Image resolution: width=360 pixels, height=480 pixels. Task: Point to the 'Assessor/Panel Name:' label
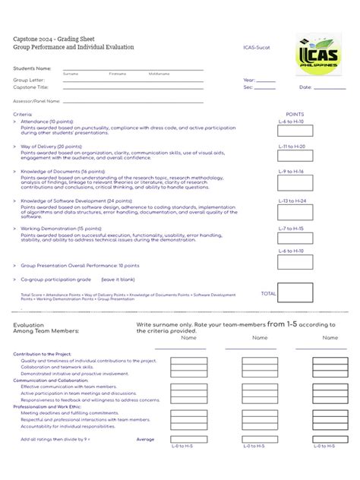click(37, 101)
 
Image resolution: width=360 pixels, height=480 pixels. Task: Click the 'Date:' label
click(305, 87)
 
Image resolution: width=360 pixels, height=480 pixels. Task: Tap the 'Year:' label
click(249, 79)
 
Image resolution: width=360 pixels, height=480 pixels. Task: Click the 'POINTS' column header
click(294, 115)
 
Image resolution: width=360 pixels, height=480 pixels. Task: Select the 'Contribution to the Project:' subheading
click(43, 354)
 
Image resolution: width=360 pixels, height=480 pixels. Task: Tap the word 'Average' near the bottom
click(145, 439)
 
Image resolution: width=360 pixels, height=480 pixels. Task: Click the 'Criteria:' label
click(23, 115)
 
